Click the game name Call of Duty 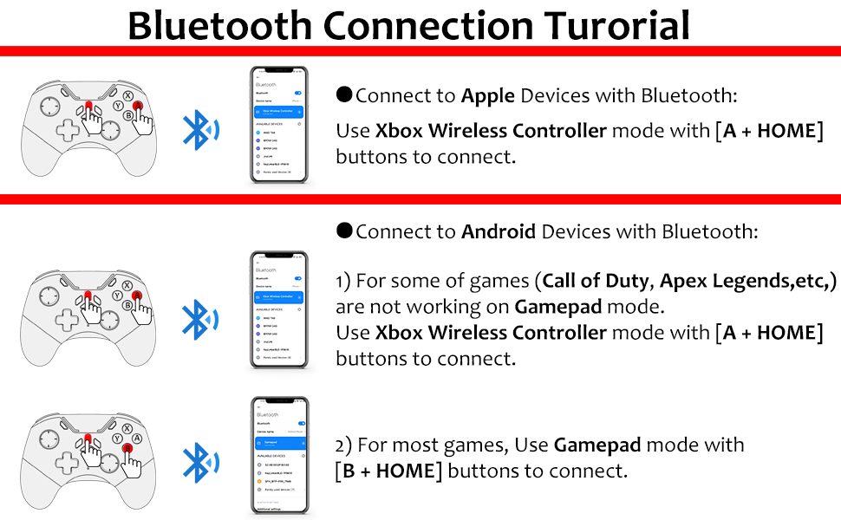pos(598,282)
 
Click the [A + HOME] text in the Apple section pos(768,132)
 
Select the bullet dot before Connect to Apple pos(344,94)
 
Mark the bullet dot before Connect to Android pos(344,231)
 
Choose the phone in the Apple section pos(279,126)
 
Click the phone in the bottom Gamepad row pos(279,456)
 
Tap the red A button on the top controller pos(137,106)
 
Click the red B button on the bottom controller pos(127,447)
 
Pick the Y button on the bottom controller pos(117,438)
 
